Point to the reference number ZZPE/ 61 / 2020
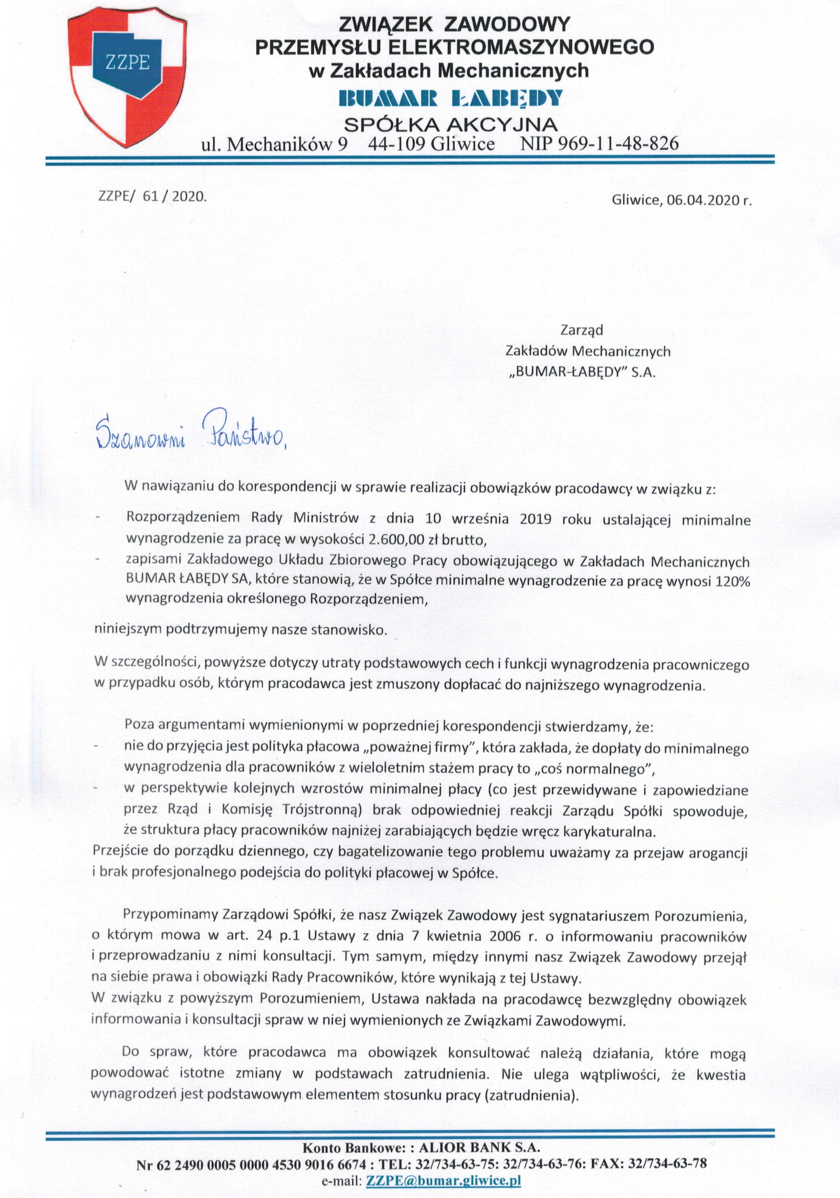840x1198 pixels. point(152,197)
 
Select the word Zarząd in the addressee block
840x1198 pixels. point(581,330)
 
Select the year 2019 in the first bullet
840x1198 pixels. point(535,519)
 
